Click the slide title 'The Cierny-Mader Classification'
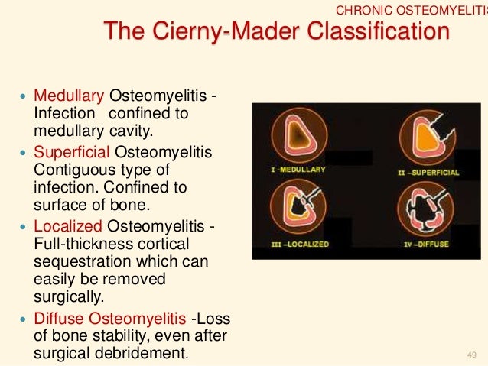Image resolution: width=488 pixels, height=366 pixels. (275, 33)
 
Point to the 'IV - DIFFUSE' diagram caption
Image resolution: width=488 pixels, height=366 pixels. (425, 245)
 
